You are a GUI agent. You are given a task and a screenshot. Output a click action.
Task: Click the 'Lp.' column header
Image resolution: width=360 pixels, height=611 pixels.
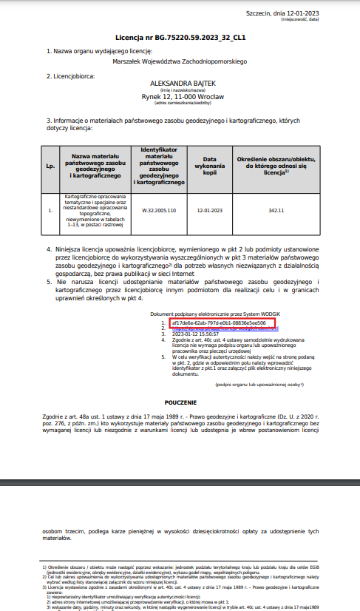click(50, 166)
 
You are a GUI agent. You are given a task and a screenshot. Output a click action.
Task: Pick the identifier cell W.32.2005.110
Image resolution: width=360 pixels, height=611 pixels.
click(159, 211)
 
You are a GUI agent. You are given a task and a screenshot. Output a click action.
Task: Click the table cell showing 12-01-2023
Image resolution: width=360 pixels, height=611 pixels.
click(209, 211)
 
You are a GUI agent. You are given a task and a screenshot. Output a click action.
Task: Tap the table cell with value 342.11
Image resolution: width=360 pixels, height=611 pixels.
click(276, 211)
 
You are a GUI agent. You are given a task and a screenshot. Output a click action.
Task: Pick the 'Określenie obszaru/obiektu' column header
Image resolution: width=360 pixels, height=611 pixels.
click(276, 162)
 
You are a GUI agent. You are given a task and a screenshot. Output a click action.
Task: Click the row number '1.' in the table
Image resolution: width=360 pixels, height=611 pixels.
click(50, 211)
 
